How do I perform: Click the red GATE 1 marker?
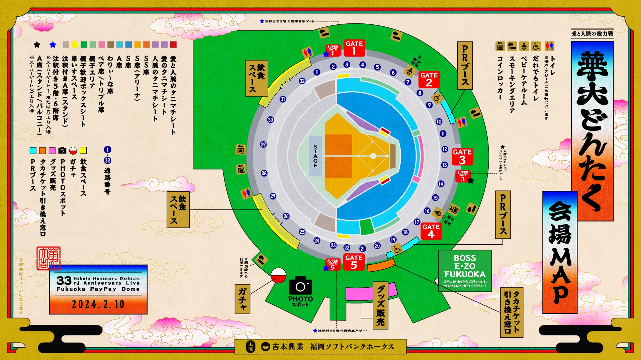pos(354,48)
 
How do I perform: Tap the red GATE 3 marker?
pos(462,156)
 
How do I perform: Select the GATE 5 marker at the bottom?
pos(354,262)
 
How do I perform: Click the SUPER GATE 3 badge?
pos(463,176)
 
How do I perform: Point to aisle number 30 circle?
pos(270,120)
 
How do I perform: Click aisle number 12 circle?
pos(445,149)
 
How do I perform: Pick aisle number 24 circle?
pos(316,241)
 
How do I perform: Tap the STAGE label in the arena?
pos(315,156)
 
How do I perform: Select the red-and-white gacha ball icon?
pos(278,275)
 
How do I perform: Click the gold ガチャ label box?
pos(243,299)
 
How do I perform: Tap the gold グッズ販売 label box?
pos(380,305)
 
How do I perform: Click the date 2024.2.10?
pos(98,304)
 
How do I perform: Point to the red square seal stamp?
pos(49,258)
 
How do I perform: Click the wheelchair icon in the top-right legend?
pos(536,46)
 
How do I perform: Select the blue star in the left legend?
pos(53,45)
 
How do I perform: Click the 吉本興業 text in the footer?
pos(288,347)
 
